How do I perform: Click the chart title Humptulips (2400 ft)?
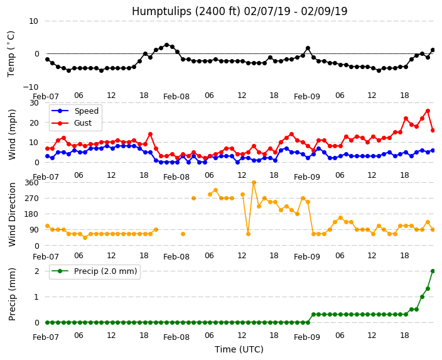tap(186, 11)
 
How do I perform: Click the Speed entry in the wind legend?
tap(86, 111)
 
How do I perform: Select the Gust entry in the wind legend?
tap(83, 123)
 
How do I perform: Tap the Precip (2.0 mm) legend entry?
tap(105, 271)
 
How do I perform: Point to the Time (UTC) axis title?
tap(239, 349)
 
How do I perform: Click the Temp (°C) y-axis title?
tap(11, 54)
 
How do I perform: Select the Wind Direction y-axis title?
tap(12, 215)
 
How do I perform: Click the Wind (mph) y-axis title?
tap(12, 134)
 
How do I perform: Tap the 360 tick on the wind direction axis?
tap(31, 183)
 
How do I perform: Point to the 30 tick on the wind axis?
tap(34, 102)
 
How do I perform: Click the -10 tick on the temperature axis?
tap(30, 87)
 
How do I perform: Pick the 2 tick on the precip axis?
tap(36, 271)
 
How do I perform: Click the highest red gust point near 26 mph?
tap(428, 111)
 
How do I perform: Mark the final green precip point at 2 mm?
tap(433, 271)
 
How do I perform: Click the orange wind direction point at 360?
tap(254, 183)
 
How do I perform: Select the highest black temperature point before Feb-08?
tap(166, 45)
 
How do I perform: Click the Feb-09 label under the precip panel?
tap(307, 337)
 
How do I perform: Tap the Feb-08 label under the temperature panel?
tap(176, 97)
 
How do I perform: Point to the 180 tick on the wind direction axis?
tap(31, 214)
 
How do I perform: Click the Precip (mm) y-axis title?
tap(12, 294)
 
